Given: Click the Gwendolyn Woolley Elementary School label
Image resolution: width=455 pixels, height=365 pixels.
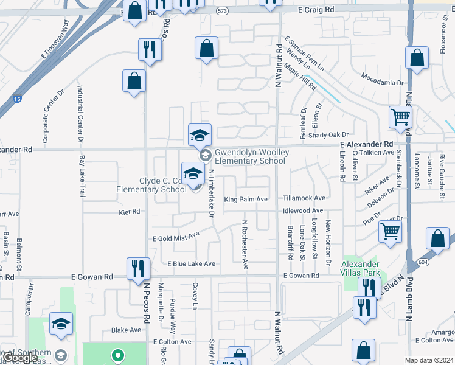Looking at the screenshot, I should coord(249,156).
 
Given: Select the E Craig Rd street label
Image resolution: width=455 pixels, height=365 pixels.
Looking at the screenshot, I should coord(317,10).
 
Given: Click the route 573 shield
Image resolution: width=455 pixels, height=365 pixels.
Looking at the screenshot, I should coord(222,11).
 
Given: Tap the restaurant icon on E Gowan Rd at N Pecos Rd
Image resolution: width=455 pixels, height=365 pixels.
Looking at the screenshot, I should coord(137,268).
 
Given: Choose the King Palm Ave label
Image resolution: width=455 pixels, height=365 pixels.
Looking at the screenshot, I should coord(246,199).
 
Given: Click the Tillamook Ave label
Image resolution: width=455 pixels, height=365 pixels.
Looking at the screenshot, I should coord(304,198).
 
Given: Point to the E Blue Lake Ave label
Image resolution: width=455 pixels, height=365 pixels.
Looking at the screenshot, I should coord(192,264).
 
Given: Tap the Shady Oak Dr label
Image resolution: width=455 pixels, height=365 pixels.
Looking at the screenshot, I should coord(328,135).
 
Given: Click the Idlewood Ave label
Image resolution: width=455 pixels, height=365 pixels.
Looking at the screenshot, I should coord(303,210).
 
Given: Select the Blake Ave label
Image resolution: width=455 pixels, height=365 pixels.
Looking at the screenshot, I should coord(126,330).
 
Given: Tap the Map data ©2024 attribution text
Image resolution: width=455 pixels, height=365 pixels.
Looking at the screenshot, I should coord(429,360).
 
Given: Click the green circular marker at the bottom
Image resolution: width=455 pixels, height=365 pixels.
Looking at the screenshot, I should coord(118,353).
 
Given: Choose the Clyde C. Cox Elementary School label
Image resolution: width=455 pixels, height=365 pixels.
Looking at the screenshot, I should coord(151,185).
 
